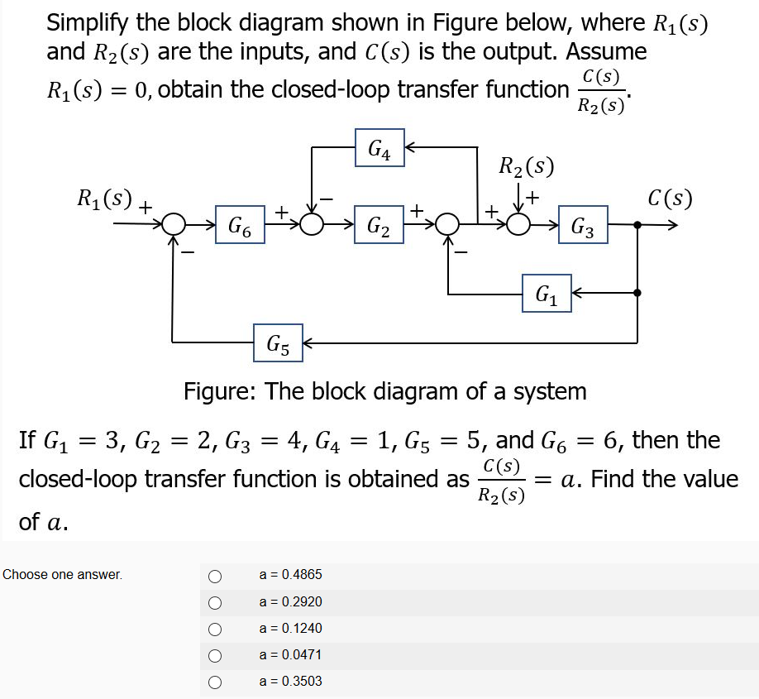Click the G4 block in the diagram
(x=379, y=148)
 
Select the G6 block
(x=240, y=225)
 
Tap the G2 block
(x=379, y=225)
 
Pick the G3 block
(x=583, y=225)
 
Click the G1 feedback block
(x=546, y=293)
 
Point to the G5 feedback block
(x=278, y=341)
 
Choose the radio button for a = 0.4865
(x=215, y=575)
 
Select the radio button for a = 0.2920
(x=215, y=601)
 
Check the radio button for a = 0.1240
(x=215, y=629)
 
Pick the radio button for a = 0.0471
(x=215, y=655)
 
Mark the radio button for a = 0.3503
(x=215, y=682)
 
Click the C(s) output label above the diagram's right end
(x=670, y=199)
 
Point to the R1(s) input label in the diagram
(x=104, y=199)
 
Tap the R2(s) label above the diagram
(x=527, y=165)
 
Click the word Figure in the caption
(x=219, y=390)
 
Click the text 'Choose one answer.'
(x=62, y=574)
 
